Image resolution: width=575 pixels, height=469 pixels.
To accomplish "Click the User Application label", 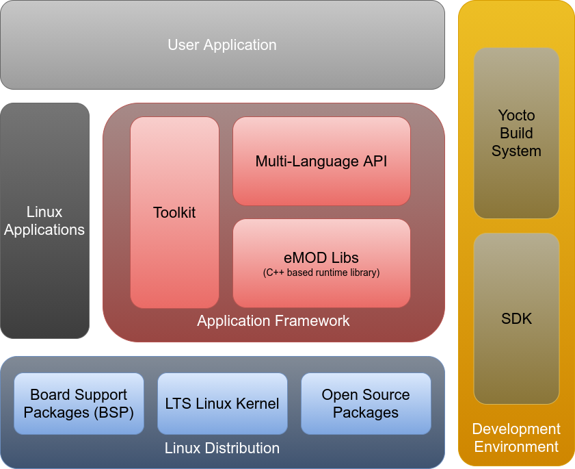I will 222,45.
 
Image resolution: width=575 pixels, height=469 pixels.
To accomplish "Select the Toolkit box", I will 174,212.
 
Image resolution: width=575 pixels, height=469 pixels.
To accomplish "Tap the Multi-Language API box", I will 321,162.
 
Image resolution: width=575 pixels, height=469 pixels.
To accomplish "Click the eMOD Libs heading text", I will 321,258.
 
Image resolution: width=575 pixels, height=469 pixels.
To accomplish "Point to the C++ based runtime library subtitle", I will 321,272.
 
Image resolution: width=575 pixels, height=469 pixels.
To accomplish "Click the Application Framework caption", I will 273,320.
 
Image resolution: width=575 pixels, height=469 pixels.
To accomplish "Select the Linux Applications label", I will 44,221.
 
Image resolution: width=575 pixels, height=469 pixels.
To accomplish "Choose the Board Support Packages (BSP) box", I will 79,404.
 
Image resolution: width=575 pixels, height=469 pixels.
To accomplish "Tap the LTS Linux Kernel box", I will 222,404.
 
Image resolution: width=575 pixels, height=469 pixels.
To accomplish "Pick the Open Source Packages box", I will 366,404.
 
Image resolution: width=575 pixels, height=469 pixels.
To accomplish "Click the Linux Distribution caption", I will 222,448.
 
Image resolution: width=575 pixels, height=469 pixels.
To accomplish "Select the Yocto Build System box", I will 516,134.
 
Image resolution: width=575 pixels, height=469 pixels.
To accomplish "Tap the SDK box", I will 516,318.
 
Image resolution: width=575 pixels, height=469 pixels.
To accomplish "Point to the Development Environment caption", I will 516,438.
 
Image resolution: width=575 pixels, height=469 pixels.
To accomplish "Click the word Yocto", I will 516,115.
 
